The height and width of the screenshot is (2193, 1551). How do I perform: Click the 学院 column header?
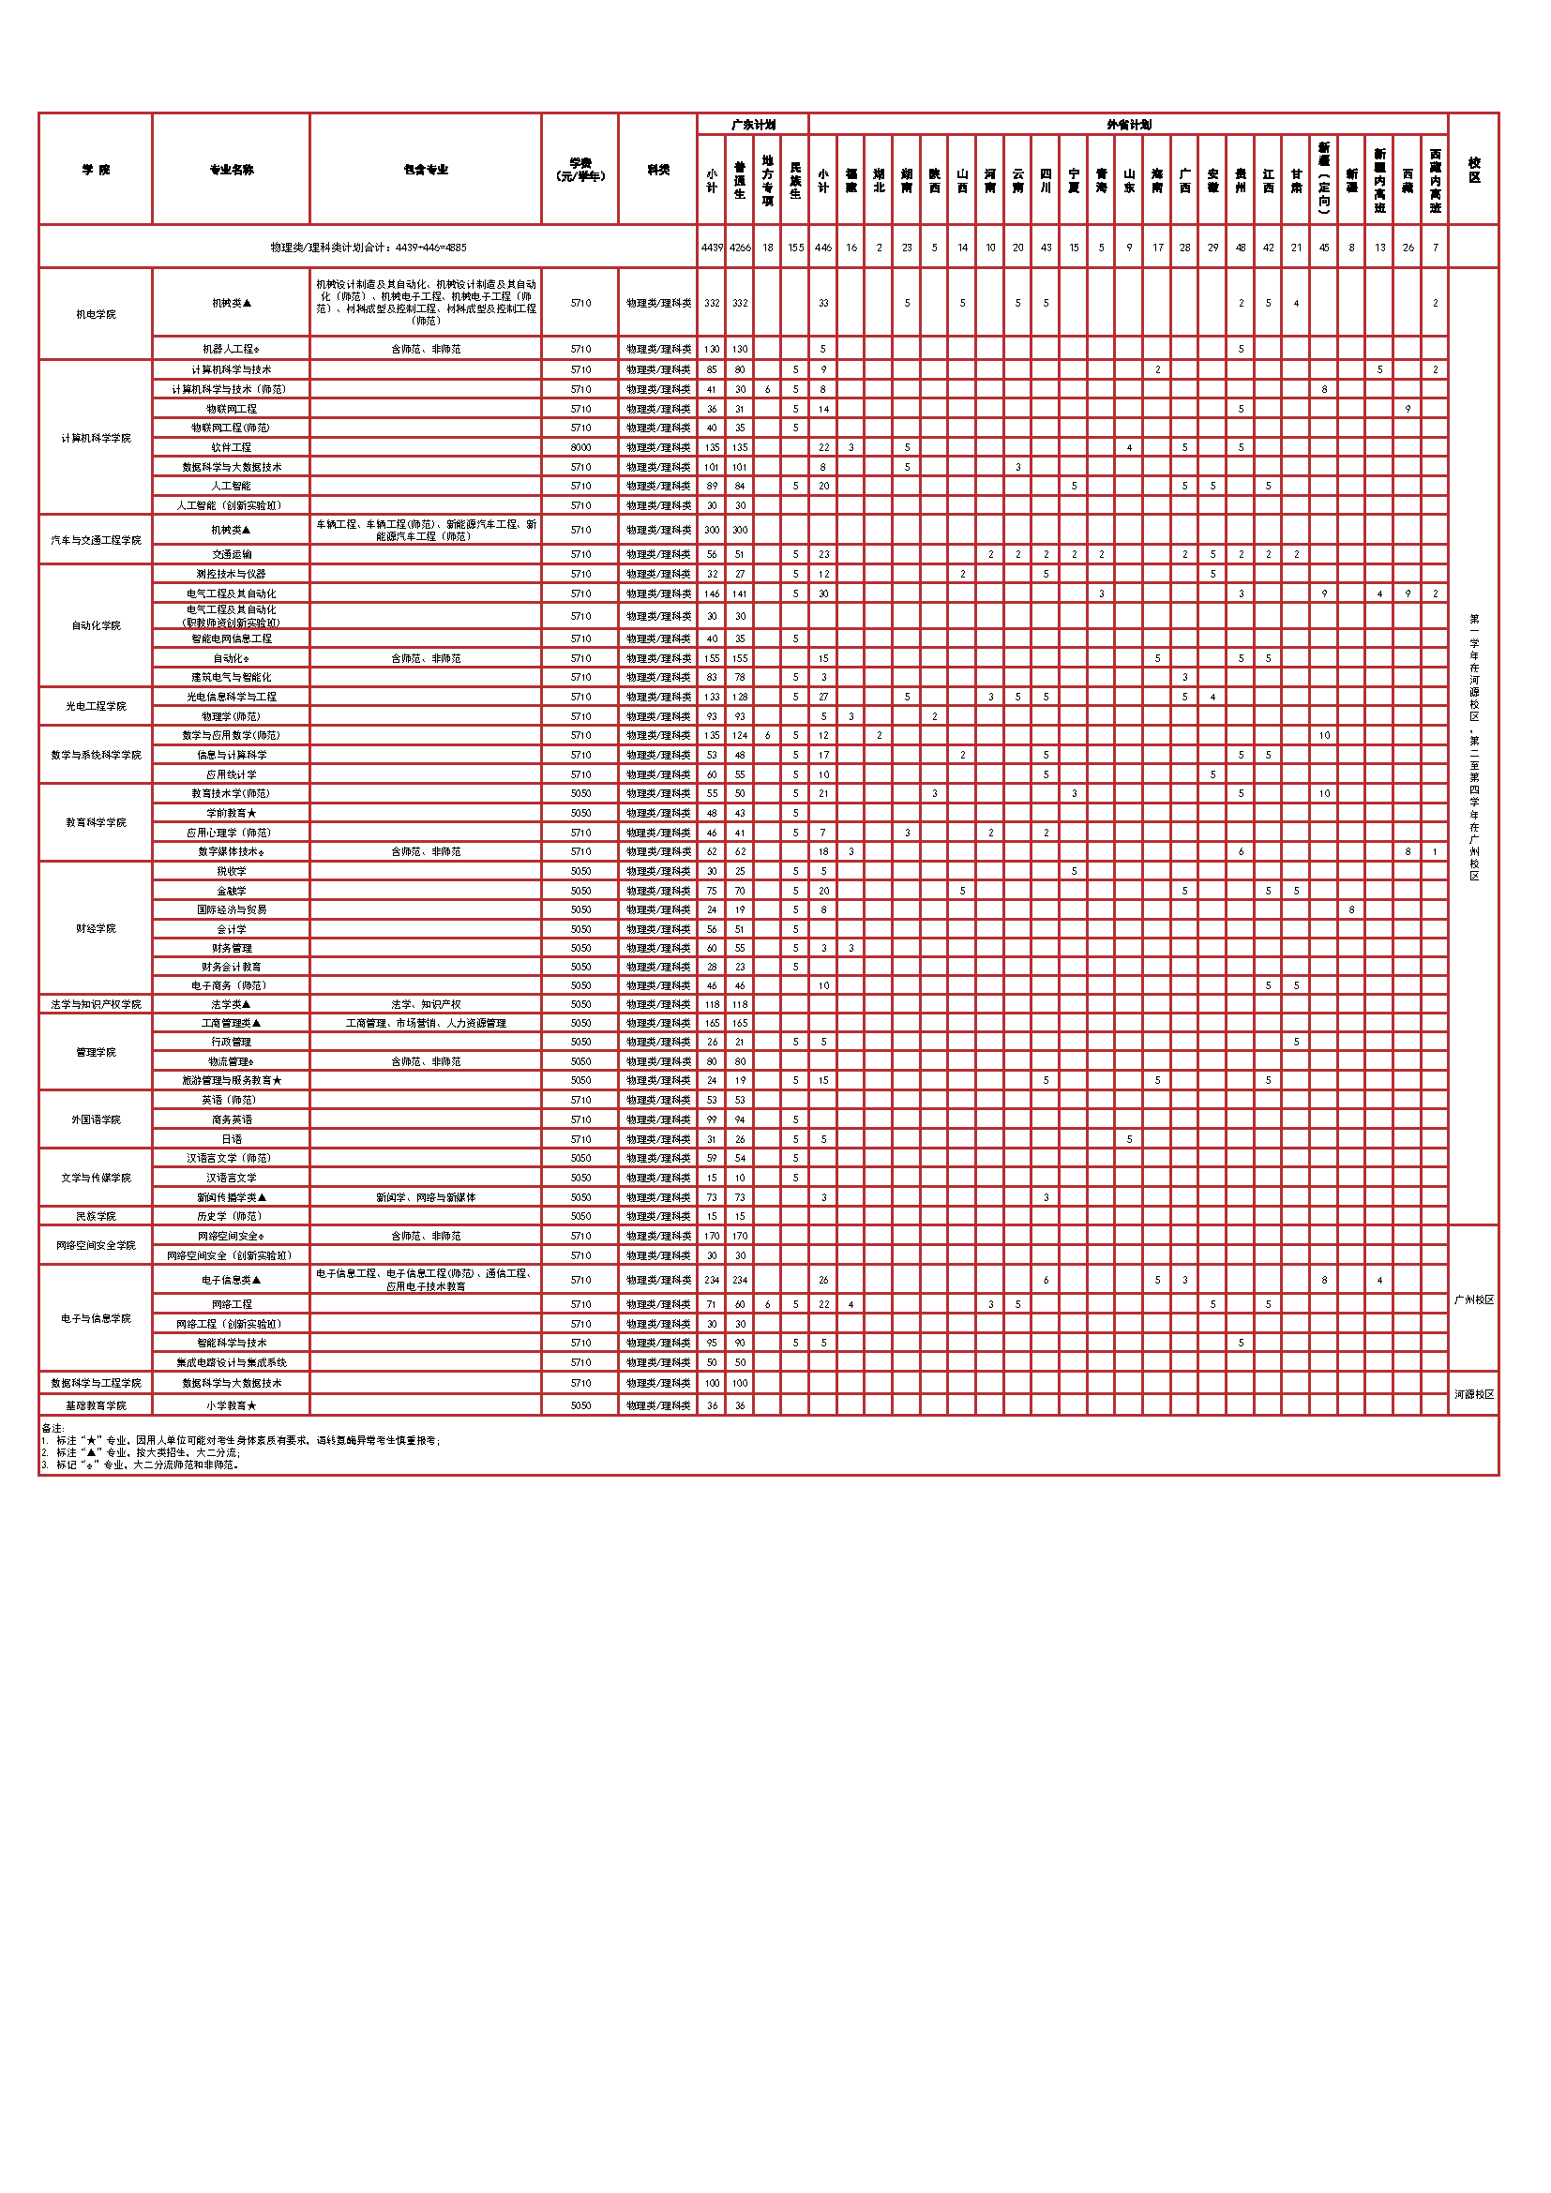pyautogui.click(x=96, y=170)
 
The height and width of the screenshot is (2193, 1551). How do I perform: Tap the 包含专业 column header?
pyautogui.click(x=426, y=170)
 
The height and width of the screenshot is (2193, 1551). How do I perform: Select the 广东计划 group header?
pyautogui.click(x=753, y=125)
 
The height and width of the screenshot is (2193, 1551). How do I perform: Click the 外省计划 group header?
pyautogui.click(x=1128, y=125)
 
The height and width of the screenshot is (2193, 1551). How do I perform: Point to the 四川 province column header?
pyautogui.click(x=1046, y=181)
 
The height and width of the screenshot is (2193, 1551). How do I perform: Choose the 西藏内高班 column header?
pyautogui.click(x=1435, y=181)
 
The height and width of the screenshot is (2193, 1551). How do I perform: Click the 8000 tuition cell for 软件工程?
pyautogui.click(x=580, y=447)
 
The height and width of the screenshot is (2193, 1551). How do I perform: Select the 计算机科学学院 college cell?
pyautogui.click(x=96, y=439)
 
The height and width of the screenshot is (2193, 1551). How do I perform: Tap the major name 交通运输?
pyautogui.click(x=231, y=554)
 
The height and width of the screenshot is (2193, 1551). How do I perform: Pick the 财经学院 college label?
pyautogui.click(x=96, y=928)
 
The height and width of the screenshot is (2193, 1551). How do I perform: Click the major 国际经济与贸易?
pyautogui.click(x=231, y=909)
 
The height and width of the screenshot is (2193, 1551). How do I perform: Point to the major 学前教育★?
pyautogui.click(x=231, y=813)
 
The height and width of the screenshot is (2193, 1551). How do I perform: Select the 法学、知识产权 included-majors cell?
pyautogui.click(x=426, y=1004)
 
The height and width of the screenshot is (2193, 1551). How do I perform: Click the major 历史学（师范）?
pyautogui.click(x=231, y=1216)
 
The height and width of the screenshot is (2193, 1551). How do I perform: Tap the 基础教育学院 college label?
pyautogui.click(x=96, y=1405)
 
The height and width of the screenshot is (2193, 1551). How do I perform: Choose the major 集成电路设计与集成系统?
pyautogui.click(x=231, y=1362)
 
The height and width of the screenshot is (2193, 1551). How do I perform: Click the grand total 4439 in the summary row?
pyautogui.click(x=712, y=248)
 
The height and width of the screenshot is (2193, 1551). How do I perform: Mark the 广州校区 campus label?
pyautogui.click(x=1474, y=1299)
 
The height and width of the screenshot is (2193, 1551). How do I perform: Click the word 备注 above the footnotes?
pyautogui.click(x=53, y=1428)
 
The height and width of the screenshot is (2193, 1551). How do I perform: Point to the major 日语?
pyautogui.click(x=231, y=1139)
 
